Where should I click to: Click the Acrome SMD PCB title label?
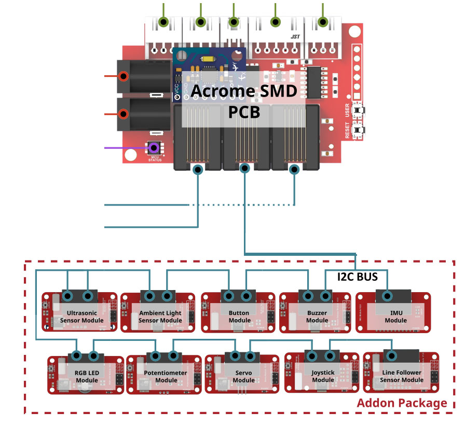(x=244, y=101)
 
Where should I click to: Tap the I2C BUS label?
(x=358, y=277)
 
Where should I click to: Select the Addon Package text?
(x=402, y=403)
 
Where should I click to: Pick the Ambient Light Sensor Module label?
(x=160, y=317)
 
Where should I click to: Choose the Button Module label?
(x=239, y=317)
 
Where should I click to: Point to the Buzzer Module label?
(x=317, y=317)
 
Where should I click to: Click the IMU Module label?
(x=395, y=317)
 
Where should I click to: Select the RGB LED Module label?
(x=87, y=377)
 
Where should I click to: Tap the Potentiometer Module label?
(x=166, y=377)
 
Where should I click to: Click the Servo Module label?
(x=244, y=377)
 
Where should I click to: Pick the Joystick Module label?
(x=323, y=377)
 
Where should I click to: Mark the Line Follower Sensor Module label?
(x=402, y=376)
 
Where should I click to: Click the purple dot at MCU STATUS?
(x=154, y=148)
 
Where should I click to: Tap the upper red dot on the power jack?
(x=124, y=76)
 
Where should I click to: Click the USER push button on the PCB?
(x=358, y=111)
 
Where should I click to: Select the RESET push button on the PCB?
(x=358, y=130)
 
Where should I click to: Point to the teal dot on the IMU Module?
(x=387, y=296)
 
